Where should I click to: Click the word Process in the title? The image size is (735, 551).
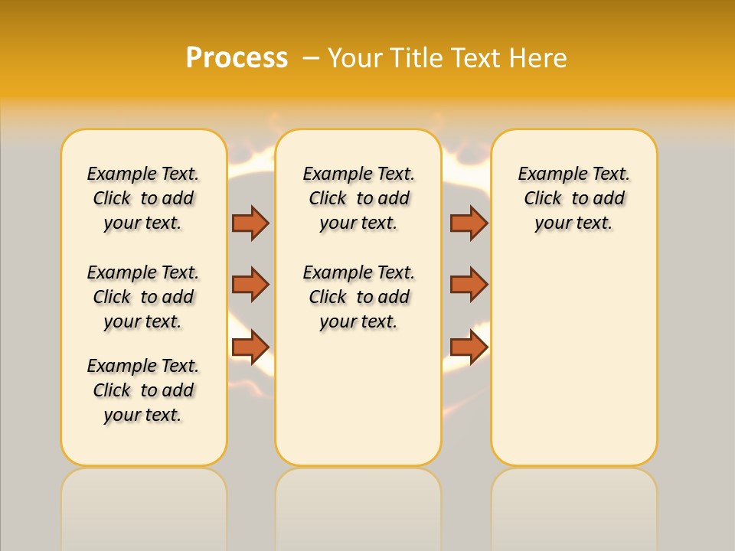tap(237, 58)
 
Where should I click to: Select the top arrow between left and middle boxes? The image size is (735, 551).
tap(250, 223)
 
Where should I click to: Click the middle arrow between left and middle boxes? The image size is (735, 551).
tap(250, 285)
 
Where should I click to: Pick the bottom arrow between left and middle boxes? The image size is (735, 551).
tap(250, 347)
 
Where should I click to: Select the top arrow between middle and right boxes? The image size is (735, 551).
tap(469, 223)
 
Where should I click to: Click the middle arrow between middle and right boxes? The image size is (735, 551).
tap(469, 285)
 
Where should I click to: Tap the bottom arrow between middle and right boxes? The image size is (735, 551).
tap(469, 347)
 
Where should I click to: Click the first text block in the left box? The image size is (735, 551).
tap(143, 198)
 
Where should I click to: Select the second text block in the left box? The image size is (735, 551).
tap(143, 297)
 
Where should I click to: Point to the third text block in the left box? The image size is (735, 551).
tap(143, 390)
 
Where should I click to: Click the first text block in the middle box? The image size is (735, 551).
tap(358, 198)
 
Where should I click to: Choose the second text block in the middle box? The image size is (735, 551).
tap(358, 297)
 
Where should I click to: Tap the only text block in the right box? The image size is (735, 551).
tap(573, 198)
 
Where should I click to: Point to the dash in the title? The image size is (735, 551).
tap(312, 58)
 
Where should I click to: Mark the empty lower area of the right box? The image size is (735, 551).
tap(573, 360)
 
